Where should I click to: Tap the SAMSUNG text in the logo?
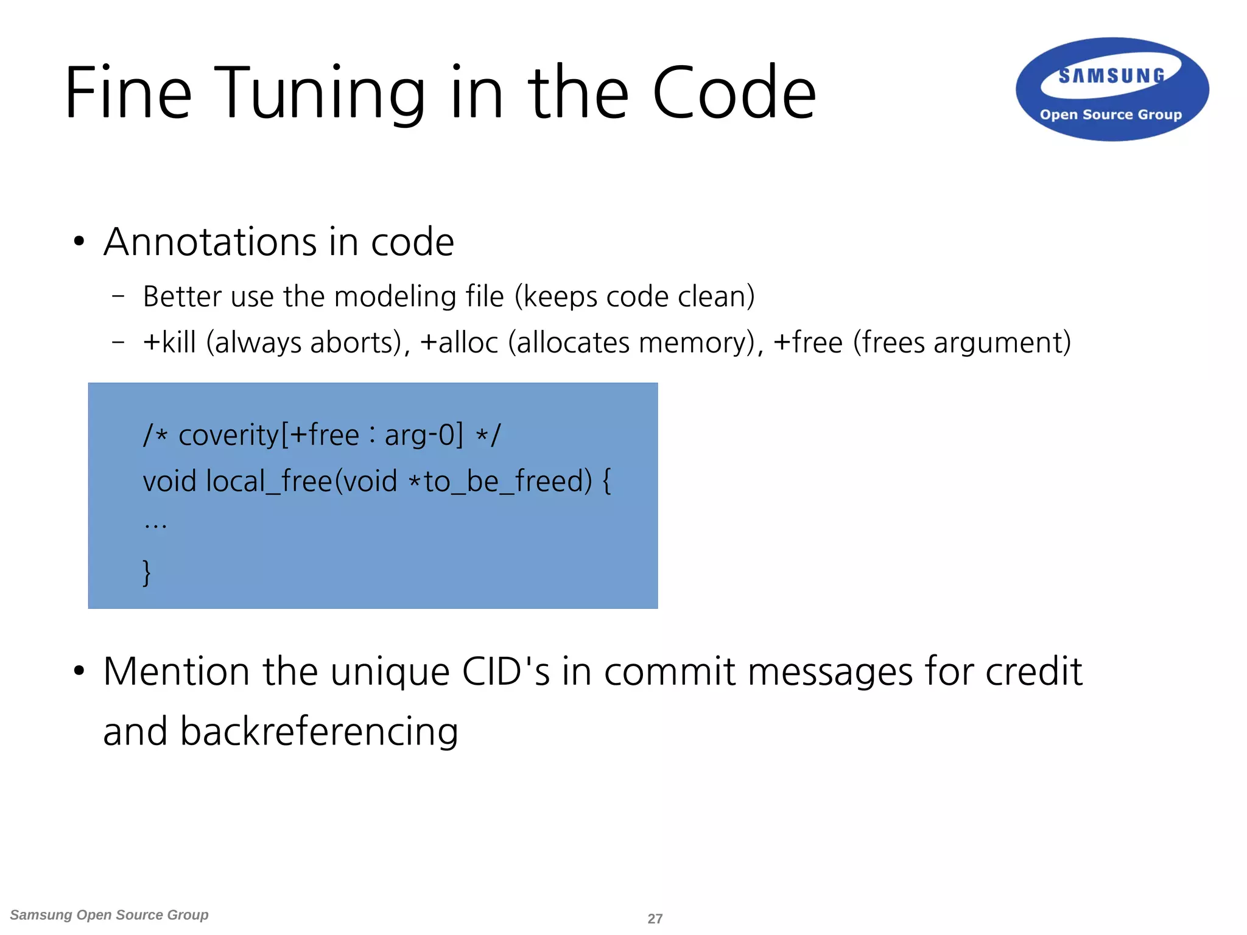(x=1112, y=76)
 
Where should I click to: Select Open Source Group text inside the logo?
(x=1111, y=114)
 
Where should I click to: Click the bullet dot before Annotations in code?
(x=79, y=242)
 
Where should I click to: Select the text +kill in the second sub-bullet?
(x=169, y=342)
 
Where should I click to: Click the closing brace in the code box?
(x=147, y=572)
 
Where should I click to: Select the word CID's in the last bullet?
(x=505, y=672)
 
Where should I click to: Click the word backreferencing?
(x=319, y=732)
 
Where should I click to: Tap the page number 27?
(x=655, y=919)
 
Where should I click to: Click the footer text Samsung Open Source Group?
(x=110, y=915)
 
